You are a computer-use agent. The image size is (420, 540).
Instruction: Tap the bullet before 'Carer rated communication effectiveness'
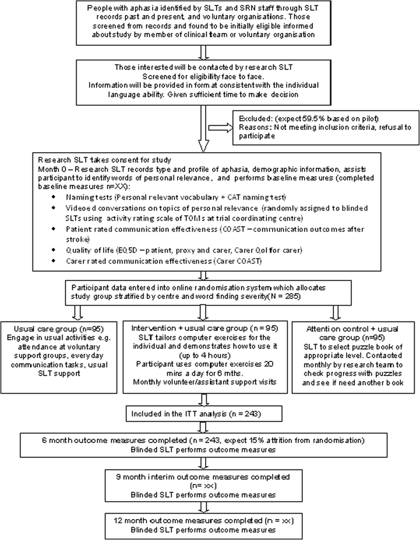coord(52,261)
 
